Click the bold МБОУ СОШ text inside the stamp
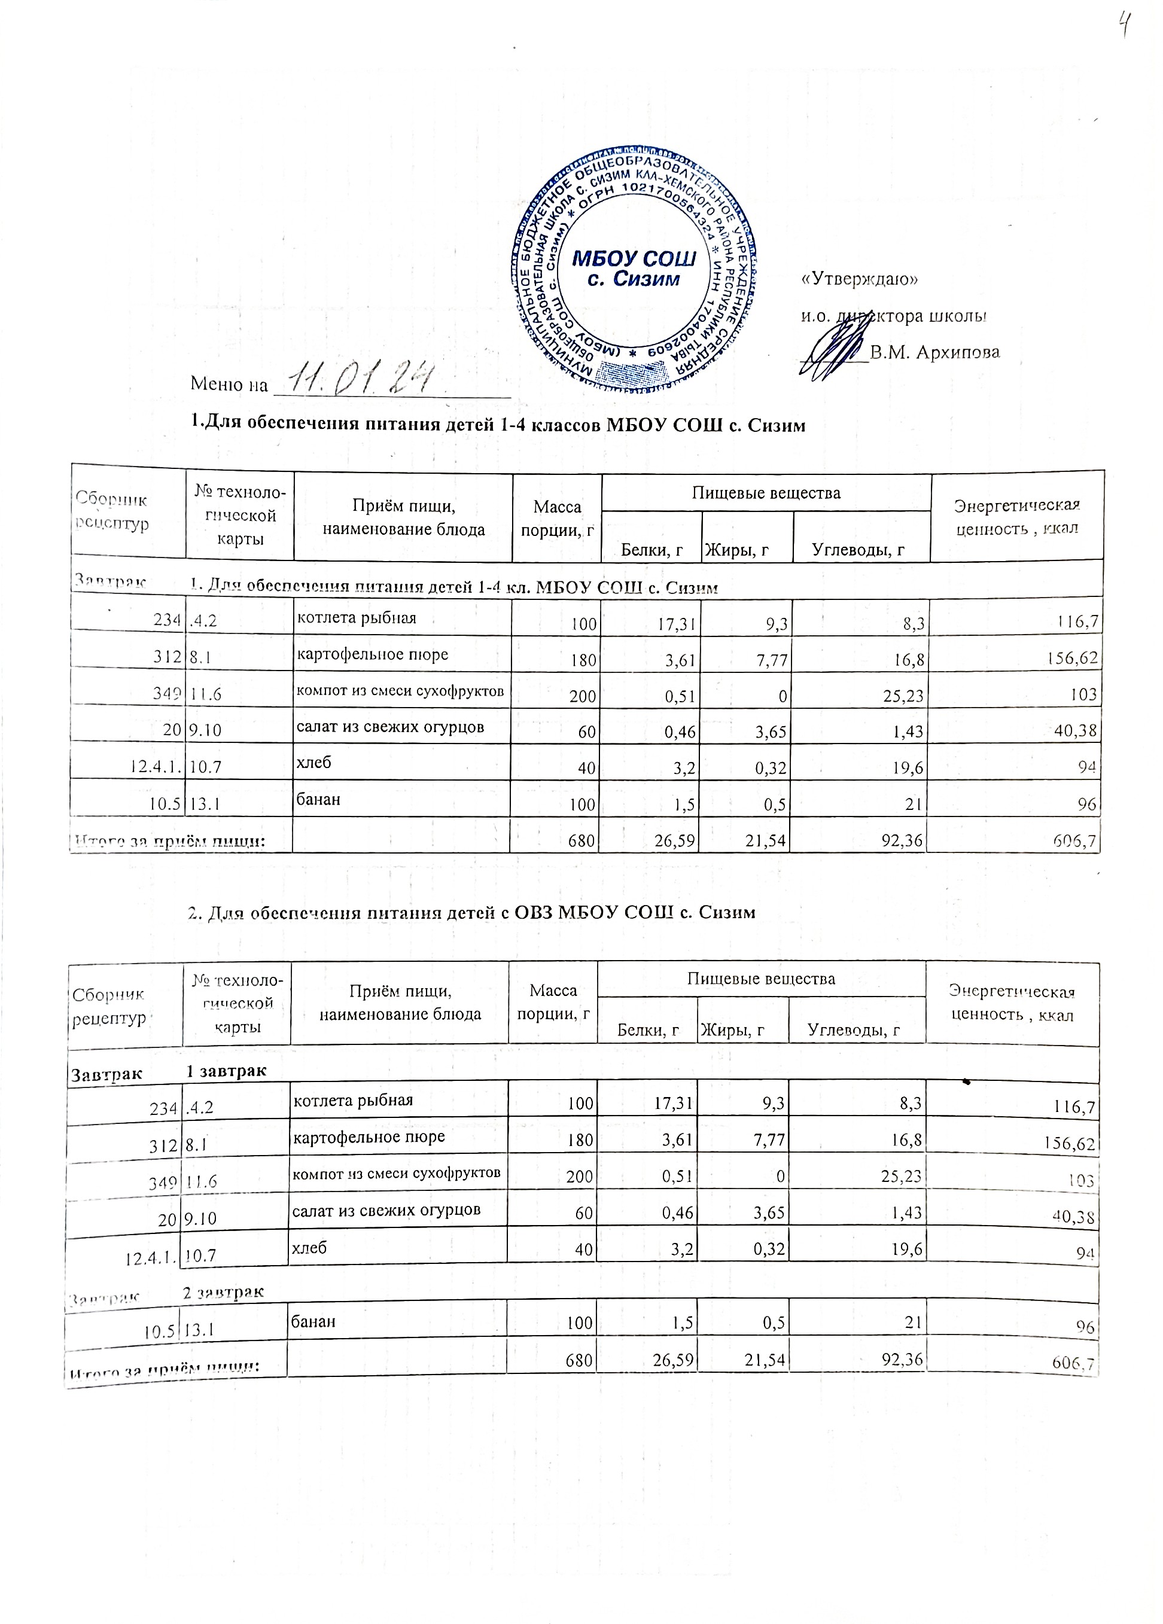coord(635,258)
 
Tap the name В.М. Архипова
coord(934,352)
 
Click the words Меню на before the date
coord(229,385)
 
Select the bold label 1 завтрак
coord(226,1071)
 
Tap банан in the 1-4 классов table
coord(319,799)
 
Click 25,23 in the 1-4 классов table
coord(903,694)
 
